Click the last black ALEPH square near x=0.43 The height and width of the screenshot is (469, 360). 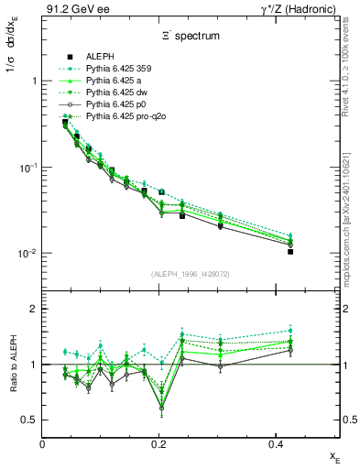(x=290, y=251)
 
